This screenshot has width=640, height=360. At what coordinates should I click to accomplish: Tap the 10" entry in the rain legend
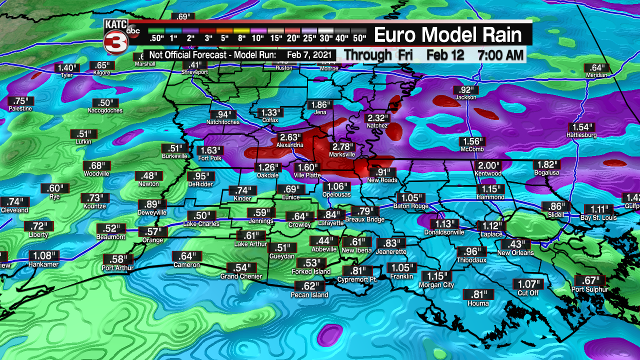(x=258, y=38)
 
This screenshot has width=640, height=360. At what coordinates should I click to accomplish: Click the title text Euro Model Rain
(x=447, y=34)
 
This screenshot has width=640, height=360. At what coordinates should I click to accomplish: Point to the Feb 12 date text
(x=445, y=54)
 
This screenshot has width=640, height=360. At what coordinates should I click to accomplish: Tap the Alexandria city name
(x=289, y=145)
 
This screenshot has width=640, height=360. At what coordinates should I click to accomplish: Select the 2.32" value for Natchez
(x=377, y=118)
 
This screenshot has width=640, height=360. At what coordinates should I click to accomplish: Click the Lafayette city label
(x=330, y=223)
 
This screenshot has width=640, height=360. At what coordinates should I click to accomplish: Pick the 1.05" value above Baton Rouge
(x=409, y=197)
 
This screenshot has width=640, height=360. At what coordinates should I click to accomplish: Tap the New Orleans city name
(x=515, y=252)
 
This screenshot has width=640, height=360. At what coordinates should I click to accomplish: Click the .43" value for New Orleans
(x=515, y=244)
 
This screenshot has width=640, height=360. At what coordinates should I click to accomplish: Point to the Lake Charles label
(x=201, y=223)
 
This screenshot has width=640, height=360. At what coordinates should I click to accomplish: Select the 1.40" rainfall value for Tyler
(x=67, y=67)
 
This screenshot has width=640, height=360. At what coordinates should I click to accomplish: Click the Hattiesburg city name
(x=581, y=135)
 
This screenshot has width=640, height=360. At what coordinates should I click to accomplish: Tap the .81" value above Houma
(x=477, y=294)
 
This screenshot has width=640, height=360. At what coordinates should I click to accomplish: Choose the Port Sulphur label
(x=590, y=289)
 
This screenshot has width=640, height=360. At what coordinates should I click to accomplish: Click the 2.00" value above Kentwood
(x=488, y=165)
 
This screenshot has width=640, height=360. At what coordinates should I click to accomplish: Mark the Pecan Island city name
(x=309, y=295)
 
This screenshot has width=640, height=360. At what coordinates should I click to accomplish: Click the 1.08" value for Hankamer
(x=43, y=255)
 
